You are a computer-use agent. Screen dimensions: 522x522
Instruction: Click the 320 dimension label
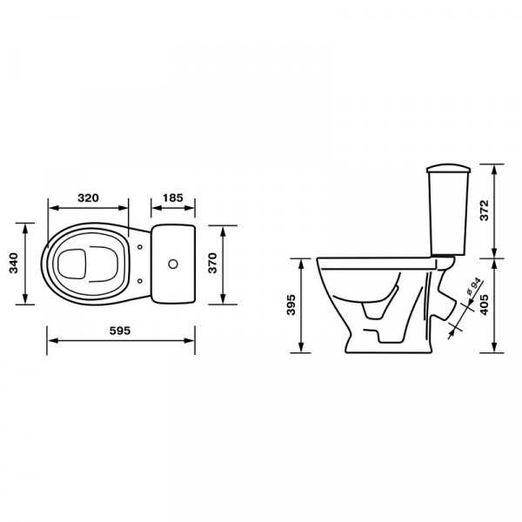coord(88,198)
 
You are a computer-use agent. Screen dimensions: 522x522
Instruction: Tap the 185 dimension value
coord(173,198)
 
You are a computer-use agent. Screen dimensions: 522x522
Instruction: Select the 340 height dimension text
coord(13,263)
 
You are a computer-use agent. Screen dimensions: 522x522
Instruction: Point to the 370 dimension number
coord(212,263)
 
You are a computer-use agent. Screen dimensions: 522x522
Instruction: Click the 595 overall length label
coord(120,331)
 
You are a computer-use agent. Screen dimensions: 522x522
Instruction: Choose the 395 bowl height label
coord(291,304)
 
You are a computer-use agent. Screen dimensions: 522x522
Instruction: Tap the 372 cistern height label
coord(485,211)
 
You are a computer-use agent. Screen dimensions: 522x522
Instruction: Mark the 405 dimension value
coord(485,304)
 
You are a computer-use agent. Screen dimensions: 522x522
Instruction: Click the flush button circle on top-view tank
coord(173,264)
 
